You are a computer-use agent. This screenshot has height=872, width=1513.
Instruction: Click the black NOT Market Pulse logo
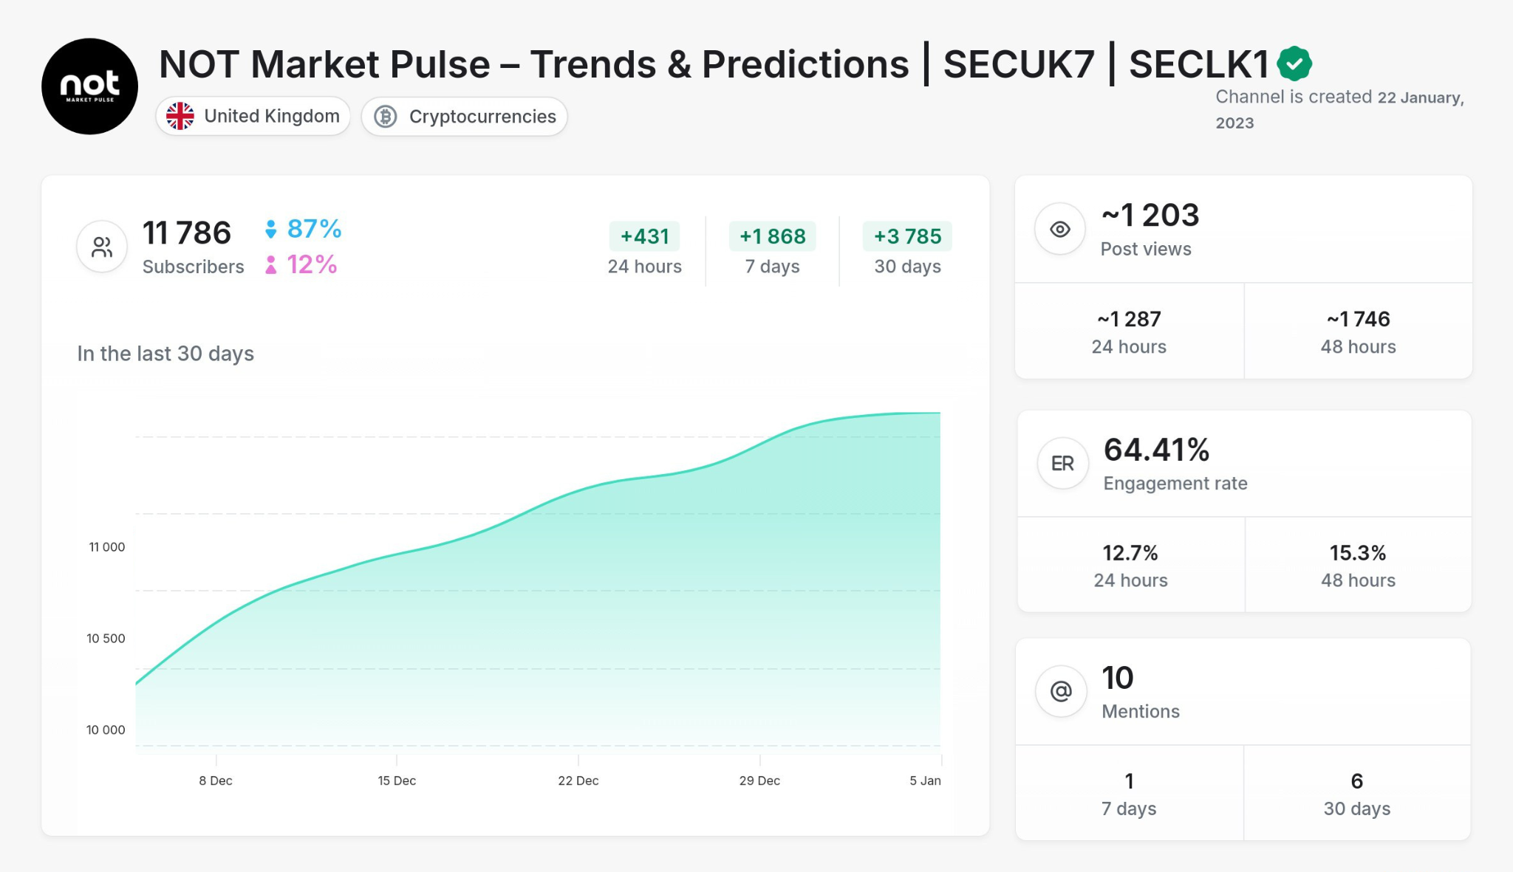point(89,86)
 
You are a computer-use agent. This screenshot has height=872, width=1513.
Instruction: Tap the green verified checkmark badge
point(1294,63)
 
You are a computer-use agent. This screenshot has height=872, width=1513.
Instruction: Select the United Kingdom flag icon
point(180,116)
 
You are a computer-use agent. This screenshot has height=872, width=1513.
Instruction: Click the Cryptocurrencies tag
point(465,117)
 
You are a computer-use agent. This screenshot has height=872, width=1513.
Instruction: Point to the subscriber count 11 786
point(187,233)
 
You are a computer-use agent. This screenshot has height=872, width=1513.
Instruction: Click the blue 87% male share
point(313,229)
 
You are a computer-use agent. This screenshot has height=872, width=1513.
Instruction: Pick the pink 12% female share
point(311,264)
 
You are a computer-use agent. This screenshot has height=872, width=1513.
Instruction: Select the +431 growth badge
point(644,236)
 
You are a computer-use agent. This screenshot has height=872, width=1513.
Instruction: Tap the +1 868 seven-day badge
point(772,236)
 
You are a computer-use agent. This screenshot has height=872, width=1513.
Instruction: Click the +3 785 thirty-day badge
point(907,236)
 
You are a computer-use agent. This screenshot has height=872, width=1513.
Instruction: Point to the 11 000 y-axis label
point(107,547)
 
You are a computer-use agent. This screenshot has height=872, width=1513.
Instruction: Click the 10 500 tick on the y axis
point(106,639)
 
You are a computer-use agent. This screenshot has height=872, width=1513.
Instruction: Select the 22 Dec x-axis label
point(578,780)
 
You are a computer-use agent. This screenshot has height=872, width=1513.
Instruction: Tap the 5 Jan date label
point(925,780)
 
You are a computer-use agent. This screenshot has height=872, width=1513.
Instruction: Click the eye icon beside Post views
point(1060,230)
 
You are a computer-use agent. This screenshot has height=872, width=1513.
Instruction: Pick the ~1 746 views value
point(1358,319)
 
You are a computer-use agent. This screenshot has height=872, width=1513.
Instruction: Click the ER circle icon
point(1062,464)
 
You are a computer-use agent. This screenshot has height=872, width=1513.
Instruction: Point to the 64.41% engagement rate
point(1156,450)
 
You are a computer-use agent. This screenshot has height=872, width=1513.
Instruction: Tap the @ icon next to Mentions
point(1061,691)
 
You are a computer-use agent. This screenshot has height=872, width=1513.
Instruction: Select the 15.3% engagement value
point(1358,553)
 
